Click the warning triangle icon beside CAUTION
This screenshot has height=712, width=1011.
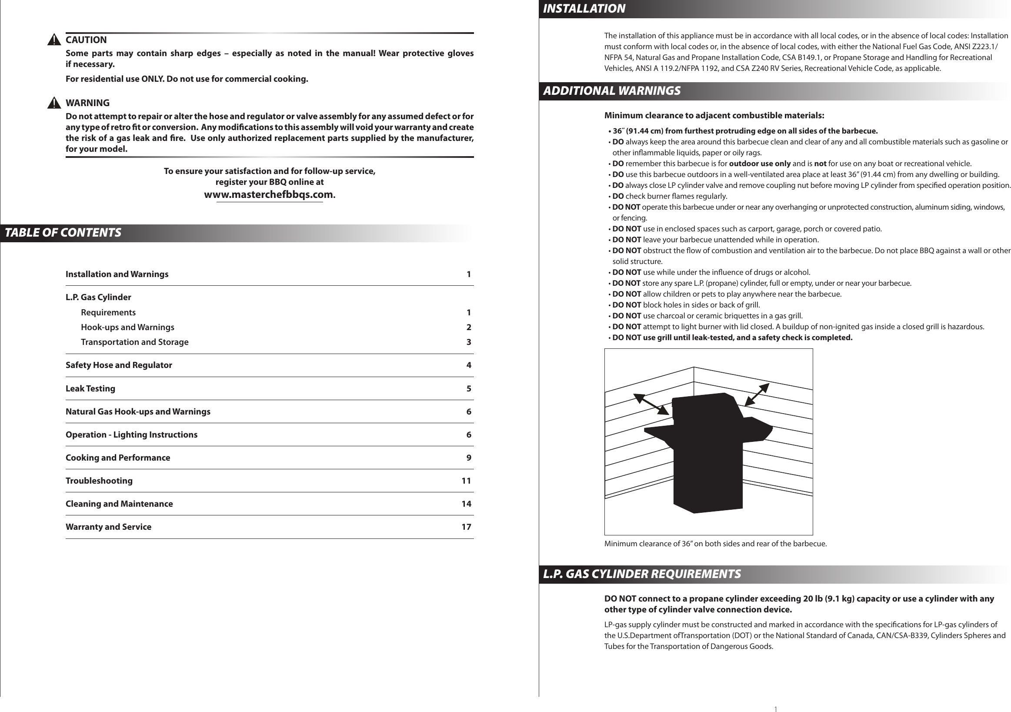coord(54,40)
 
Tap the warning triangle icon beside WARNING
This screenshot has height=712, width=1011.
coord(54,104)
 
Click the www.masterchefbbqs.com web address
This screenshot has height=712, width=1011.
coord(269,194)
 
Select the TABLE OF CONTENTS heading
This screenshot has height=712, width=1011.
coord(63,233)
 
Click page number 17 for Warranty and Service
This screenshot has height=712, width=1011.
coord(466,527)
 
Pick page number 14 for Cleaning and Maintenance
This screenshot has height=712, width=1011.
coord(466,504)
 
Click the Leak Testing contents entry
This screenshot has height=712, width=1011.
coord(90,389)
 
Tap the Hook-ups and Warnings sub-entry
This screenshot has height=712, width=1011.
coord(127,327)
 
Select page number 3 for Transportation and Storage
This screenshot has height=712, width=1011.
coord(468,342)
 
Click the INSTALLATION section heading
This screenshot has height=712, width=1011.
coord(584,9)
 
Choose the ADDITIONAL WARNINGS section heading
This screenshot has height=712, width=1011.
coord(612,91)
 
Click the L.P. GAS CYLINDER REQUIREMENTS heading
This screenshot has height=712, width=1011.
coord(641,574)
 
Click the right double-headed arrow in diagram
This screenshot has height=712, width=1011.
coord(757,394)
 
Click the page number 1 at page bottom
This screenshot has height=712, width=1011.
coord(775,709)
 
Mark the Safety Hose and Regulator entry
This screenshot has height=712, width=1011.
coord(119,365)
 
